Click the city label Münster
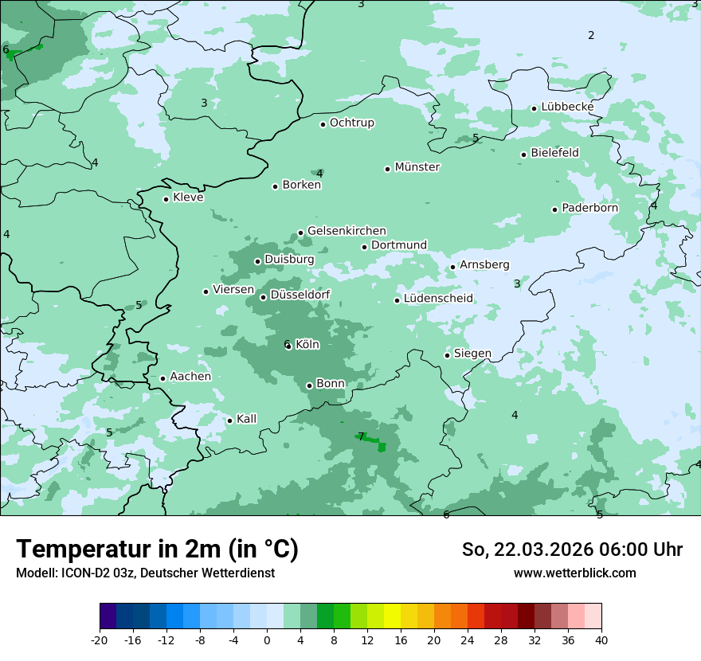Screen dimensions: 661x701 [417, 167]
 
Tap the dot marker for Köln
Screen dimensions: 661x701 [289, 346]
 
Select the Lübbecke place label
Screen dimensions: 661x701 [567, 107]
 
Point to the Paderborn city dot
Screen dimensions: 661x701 [555, 209]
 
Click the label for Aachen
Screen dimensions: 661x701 [190, 377]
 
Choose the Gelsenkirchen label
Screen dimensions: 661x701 [347, 231]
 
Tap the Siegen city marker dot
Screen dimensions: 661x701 [448, 355]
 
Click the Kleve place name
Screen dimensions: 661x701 [188, 198]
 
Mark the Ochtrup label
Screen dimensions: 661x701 [351, 123]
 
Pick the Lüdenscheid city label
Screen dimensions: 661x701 [438, 299]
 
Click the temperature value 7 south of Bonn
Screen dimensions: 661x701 [361, 436]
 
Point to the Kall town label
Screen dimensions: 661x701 [246, 419]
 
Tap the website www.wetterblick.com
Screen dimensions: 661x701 [574, 573]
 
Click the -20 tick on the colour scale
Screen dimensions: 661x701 [100, 639]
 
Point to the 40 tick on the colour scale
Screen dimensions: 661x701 [601, 639]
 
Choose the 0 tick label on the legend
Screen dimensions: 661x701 [267, 639]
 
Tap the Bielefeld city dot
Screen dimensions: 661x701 [524, 154]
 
